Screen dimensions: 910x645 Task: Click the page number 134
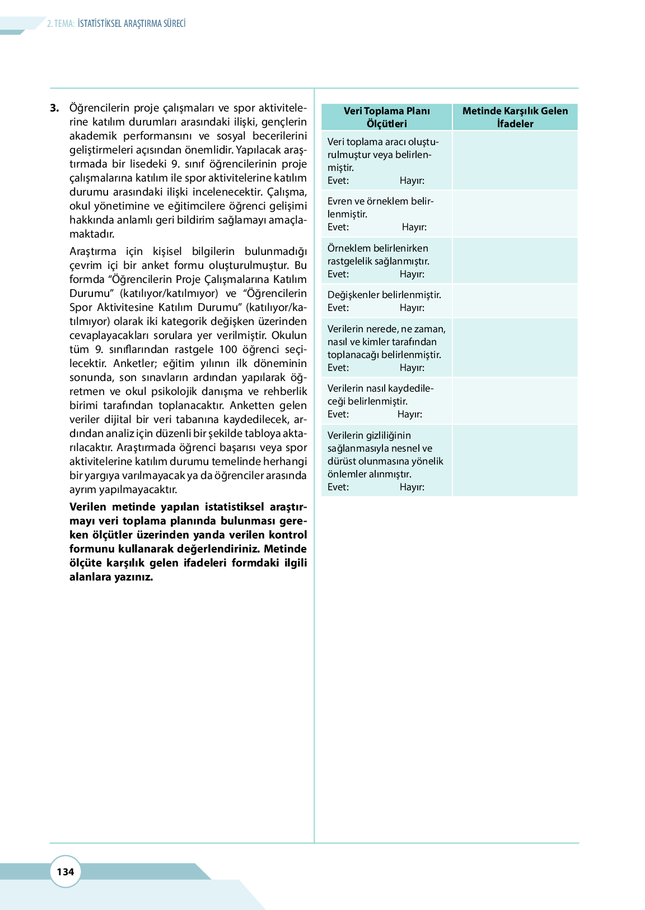click(x=66, y=871)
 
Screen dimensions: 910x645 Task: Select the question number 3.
click(x=54, y=108)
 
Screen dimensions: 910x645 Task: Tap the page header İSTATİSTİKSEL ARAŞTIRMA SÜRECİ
click(x=132, y=24)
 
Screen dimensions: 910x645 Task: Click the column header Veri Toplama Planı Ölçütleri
click(x=387, y=117)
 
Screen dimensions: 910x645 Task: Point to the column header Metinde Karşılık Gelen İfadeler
click(x=515, y=117)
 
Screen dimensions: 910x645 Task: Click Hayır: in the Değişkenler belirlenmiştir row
click(x=412, y=308)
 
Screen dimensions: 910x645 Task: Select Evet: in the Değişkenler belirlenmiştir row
click(x=338, y=308)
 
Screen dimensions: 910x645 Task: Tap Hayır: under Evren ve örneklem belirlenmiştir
click(x=414, y=227)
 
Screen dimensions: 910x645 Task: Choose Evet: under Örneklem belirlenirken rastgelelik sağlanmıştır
click(x=338, y=274)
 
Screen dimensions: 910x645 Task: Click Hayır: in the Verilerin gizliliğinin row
click(x=412, y=487)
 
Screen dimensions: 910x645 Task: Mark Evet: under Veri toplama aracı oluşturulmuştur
click(x=338, y=180)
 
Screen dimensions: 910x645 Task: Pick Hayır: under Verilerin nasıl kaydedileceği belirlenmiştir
click(x=410, y=414)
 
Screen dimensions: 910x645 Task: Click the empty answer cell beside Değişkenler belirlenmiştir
click(x=515, y=301)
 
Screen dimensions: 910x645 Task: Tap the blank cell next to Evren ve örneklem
click(x=515, y=213)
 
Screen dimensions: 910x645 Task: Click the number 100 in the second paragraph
click(x=228, y=349)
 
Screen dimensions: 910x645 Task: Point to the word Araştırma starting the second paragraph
click(x=93, y=251)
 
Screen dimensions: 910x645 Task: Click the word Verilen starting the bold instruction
click(x=88, y=507)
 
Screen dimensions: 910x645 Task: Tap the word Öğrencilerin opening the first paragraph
click(x=99, y=108)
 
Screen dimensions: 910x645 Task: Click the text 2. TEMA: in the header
click(x=60, y=24)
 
